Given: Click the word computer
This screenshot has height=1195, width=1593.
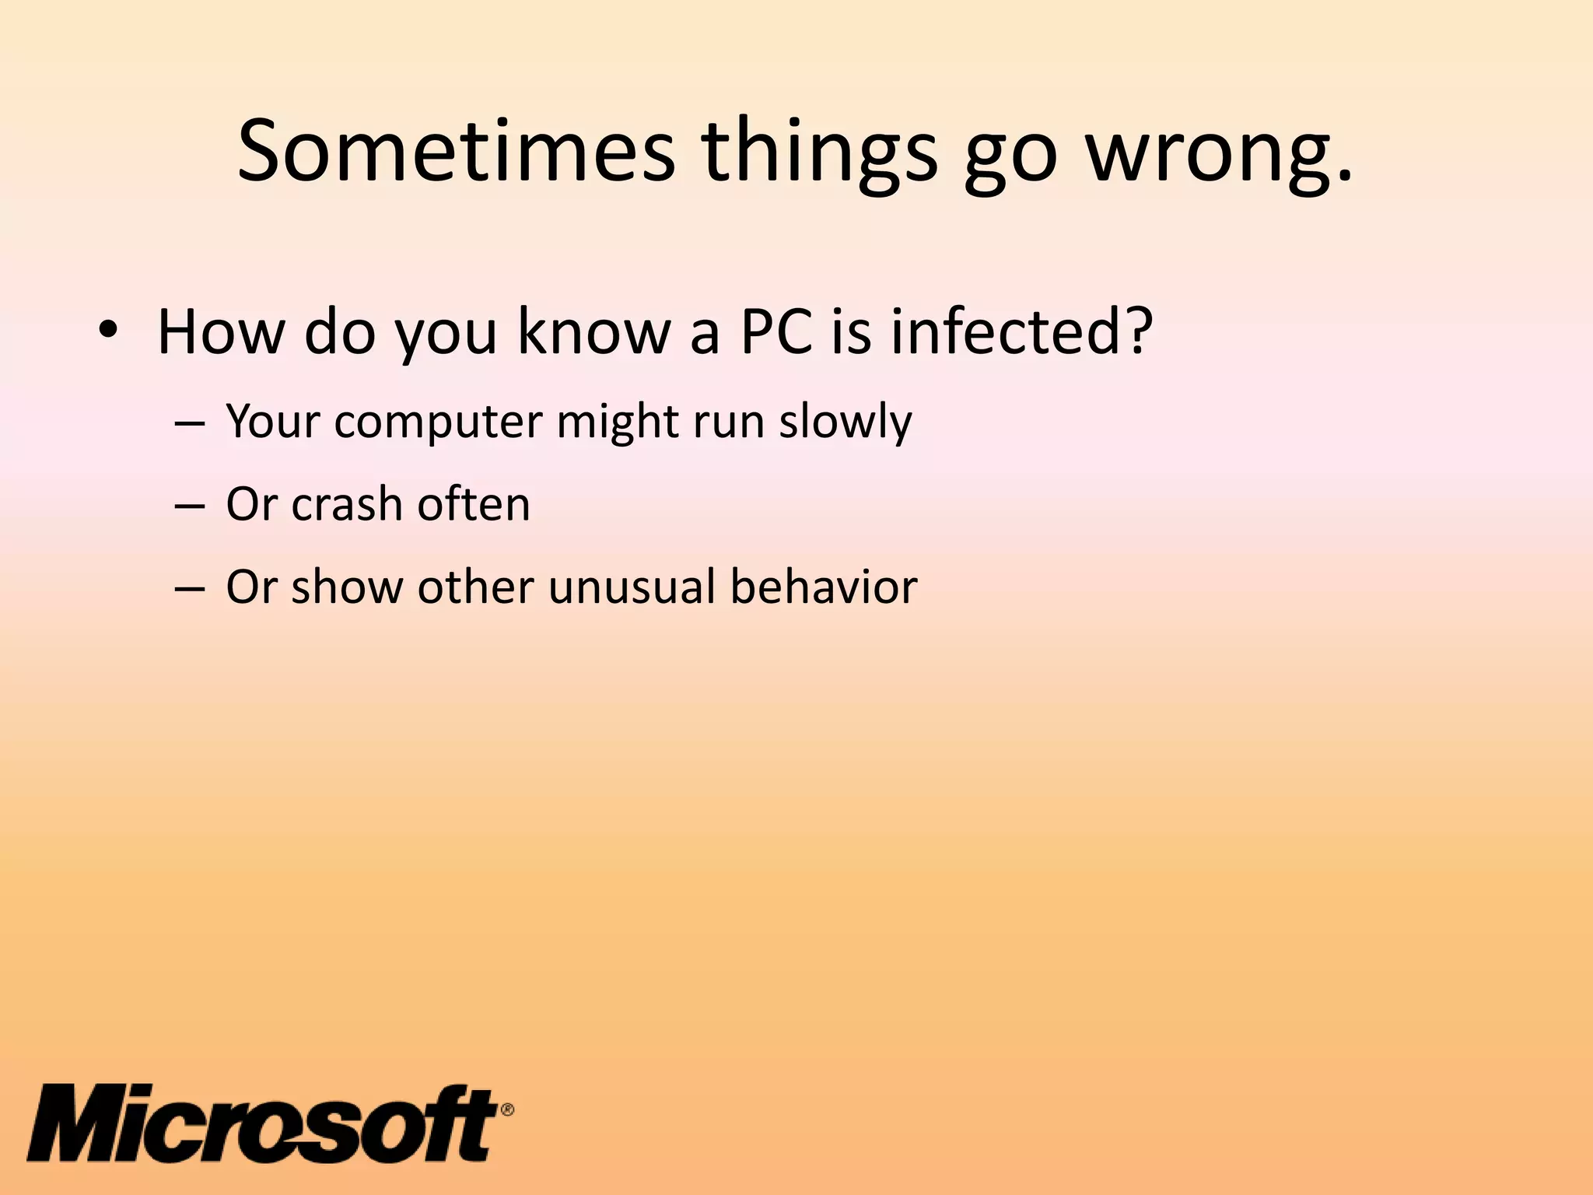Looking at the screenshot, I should point(439,422).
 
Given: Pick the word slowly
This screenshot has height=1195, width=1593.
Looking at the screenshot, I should point(846,422).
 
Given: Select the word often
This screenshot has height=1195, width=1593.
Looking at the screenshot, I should point(474,504).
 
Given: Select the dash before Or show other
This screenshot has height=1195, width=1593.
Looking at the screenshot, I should point(190,589).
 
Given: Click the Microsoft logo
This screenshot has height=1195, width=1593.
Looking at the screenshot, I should point(263,1123).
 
